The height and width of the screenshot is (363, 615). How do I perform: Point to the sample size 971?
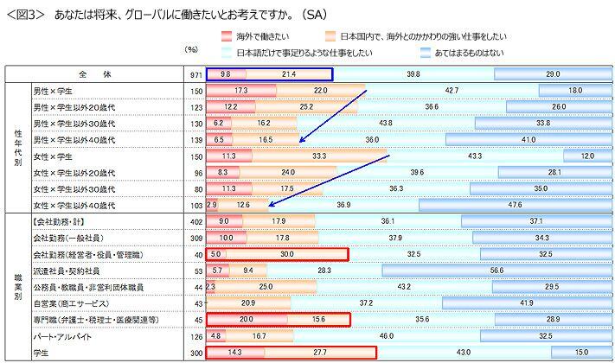pyautogui.click(x=196, y=75)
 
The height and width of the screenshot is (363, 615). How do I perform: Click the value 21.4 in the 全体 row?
pyautogui.click(x=288, y=75)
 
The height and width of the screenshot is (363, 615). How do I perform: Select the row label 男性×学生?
pyautogui.click(x=54, y=91)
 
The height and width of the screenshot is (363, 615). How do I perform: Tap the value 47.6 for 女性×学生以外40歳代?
pyautogui.click(x=516, y=205)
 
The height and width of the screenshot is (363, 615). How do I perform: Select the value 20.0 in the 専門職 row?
pyautogui.click(x=246, y=320)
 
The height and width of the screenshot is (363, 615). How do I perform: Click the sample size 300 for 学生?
pyautogui.click(x=196, y=353)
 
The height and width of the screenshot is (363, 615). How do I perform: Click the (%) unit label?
pyautogui.click(x=192, y=49)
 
